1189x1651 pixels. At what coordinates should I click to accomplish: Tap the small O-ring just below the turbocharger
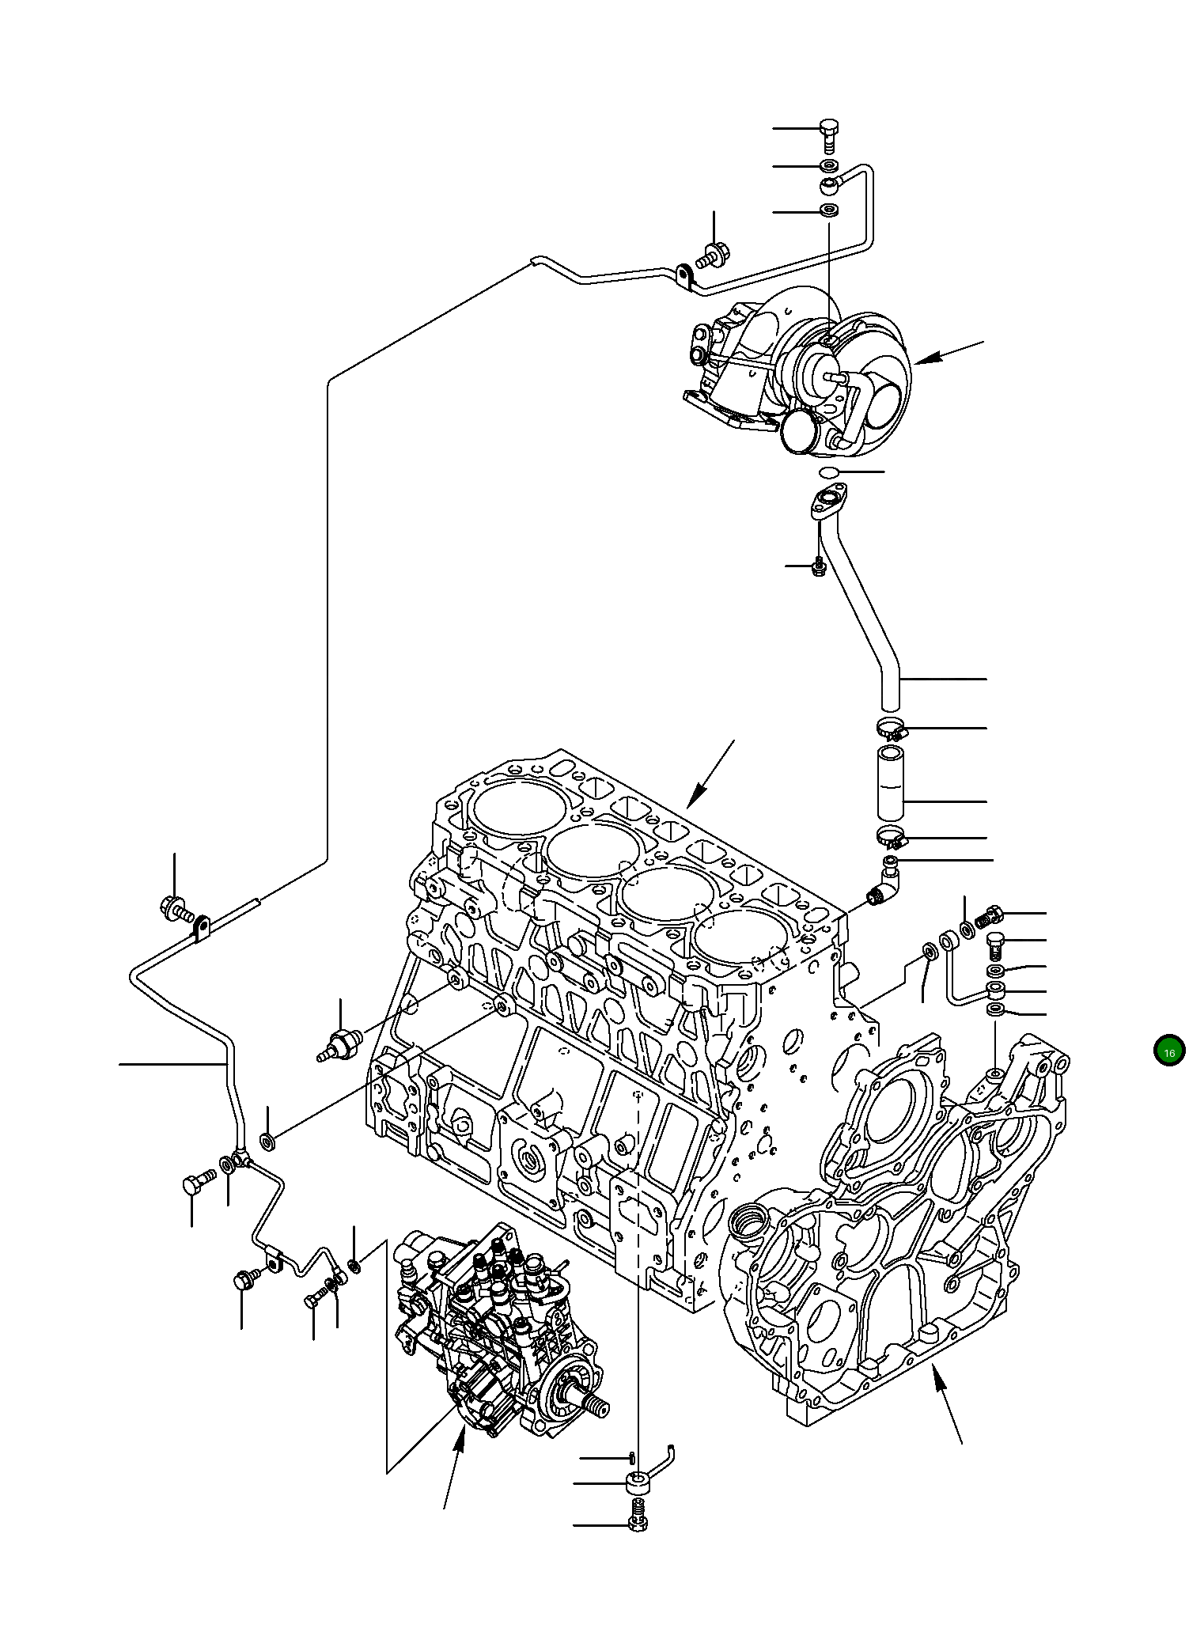(x=829, y=472)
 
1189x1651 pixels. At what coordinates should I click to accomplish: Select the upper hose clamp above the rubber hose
(x=892, y=726)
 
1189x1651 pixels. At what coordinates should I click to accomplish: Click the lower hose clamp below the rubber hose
(x=892, y=835)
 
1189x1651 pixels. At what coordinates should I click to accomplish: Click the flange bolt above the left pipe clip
(x=176, y=908)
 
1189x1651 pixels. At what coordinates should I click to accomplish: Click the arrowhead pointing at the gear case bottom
(x=938, y=1378)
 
